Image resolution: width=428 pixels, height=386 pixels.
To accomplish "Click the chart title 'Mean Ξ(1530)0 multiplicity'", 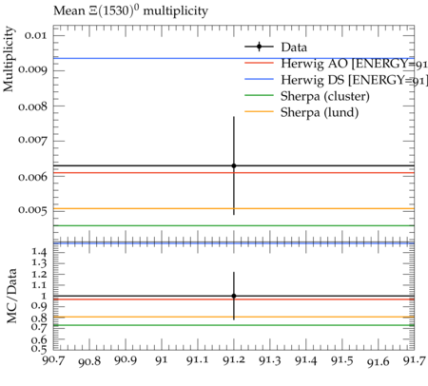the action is [130, 11].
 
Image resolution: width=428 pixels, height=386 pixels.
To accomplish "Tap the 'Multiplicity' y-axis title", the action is [9, 59].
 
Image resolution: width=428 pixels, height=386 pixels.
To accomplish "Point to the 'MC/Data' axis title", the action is [11, 296].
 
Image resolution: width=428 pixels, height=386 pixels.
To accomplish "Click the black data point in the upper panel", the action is [234, 165].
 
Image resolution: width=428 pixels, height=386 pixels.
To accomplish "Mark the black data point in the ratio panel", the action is [234, 296].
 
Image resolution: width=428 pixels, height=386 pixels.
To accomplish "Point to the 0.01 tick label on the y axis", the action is [35, 35].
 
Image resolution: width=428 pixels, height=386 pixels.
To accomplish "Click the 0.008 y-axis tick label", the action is [31, 106].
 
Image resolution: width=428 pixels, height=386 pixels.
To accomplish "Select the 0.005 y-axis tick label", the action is [31, 210].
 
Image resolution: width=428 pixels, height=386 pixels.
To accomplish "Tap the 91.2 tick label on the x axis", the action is [234, 360].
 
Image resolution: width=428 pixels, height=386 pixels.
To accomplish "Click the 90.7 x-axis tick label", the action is [53, 360].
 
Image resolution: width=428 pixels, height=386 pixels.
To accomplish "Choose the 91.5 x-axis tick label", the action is [342, 360].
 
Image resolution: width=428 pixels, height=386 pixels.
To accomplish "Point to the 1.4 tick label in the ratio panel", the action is [39, 253].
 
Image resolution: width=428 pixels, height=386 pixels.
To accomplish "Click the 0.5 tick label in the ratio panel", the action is [39, 349].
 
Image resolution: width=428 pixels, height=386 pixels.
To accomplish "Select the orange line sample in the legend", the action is [259, 111].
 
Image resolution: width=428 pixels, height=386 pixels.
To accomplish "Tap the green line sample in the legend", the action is [259, 95].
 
